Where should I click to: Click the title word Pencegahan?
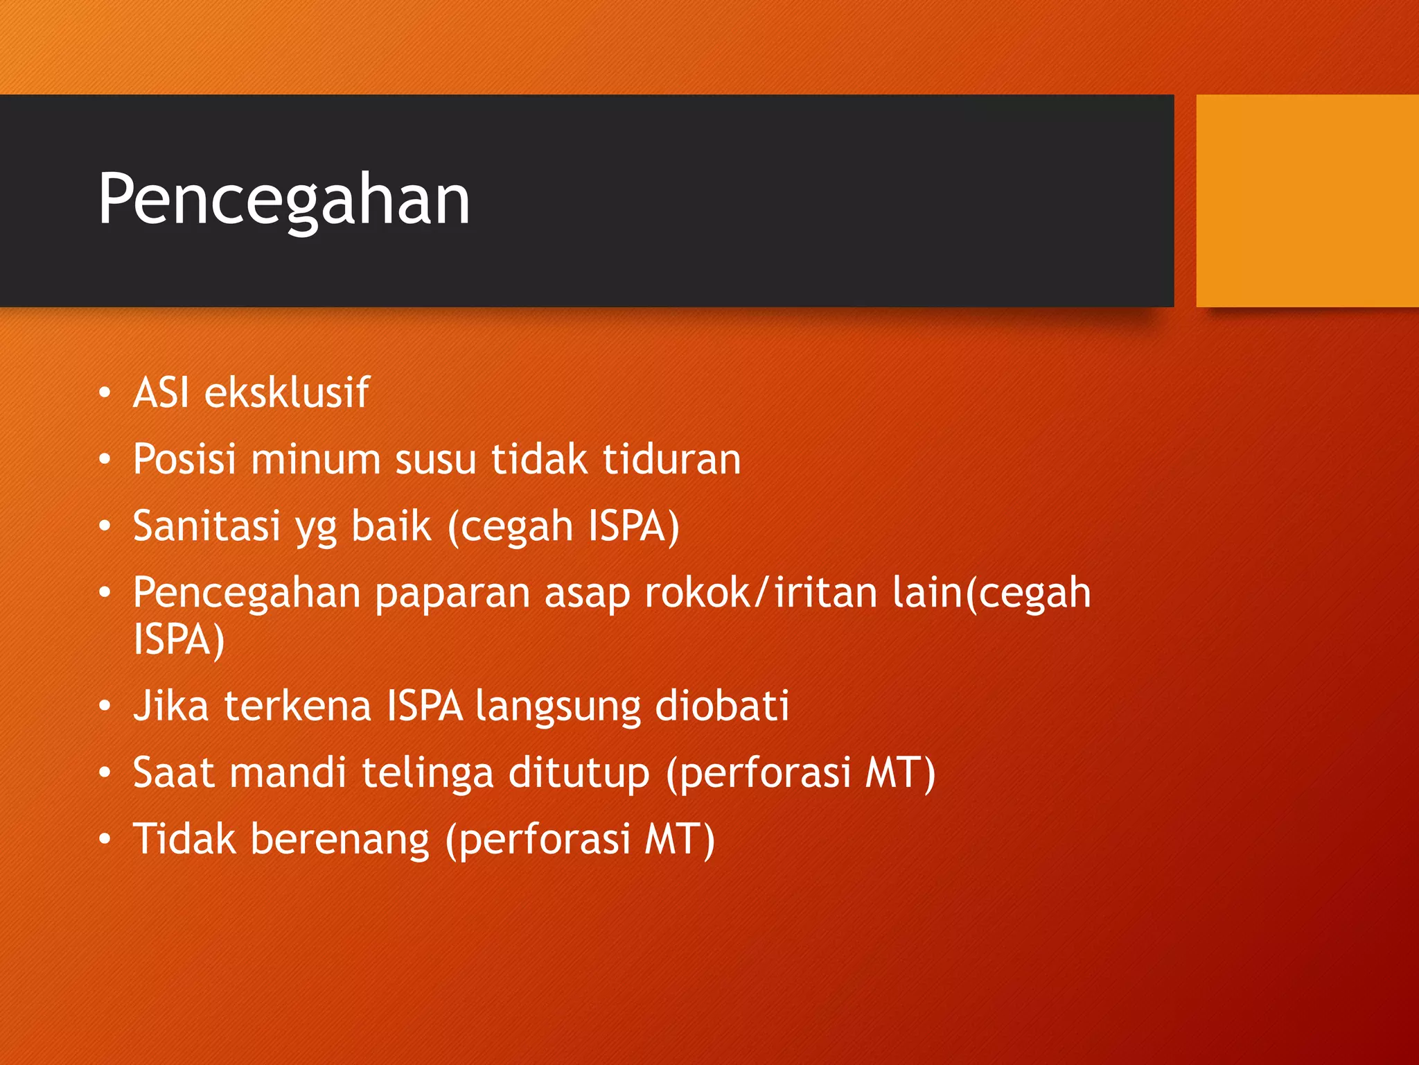[x=283, y=200]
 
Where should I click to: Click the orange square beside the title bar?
[x=1307, y=200]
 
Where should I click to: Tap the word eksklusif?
[x=287, y=392]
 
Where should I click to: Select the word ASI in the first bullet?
[x=161, y=392]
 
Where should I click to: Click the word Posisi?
[x=184, y=459]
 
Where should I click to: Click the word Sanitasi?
[x=206, y=526]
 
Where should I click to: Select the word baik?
[x=391, y=526]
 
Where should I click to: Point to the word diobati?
[x=721, y=706]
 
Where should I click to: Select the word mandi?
[x=288, y=772]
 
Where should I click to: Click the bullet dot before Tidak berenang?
[x=105, y=840]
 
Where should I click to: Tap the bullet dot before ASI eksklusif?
[x=105, y=393]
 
